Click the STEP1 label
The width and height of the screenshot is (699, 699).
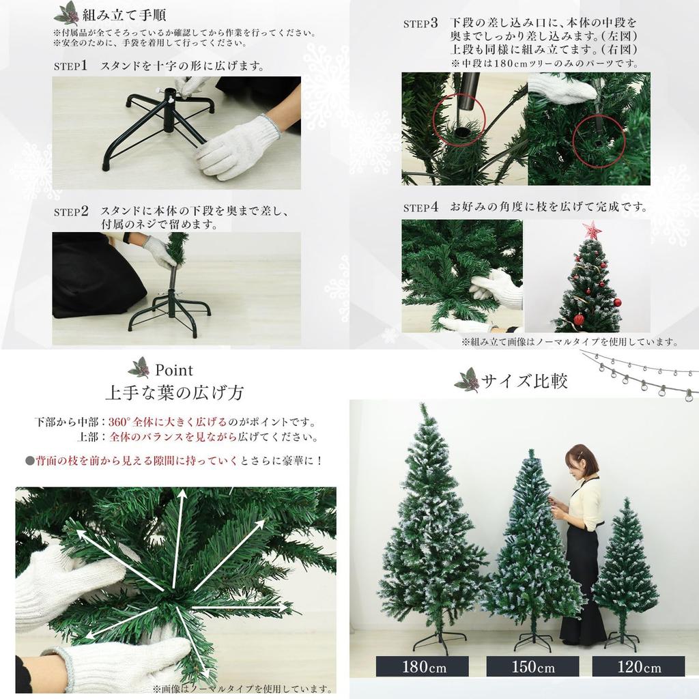70,66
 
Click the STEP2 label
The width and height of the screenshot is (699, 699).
70,212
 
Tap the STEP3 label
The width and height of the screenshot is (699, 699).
420,23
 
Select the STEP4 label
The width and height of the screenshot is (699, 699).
420,208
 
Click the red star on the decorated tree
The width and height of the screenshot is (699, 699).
591,231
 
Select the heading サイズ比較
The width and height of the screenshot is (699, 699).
524,381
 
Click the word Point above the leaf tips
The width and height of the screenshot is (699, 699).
173,370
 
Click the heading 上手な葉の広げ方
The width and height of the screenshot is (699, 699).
173,393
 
